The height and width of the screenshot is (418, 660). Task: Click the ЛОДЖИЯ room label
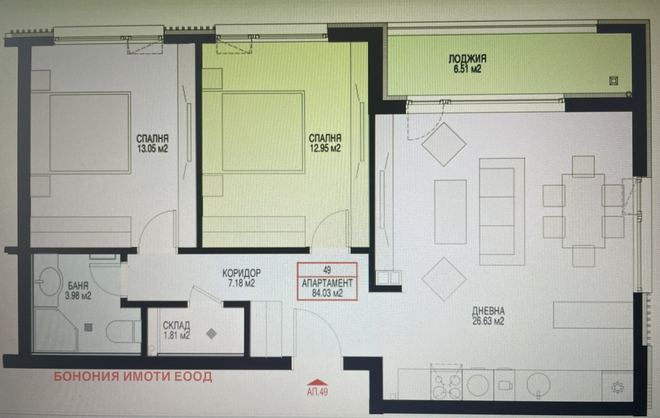click(x=467, y=59)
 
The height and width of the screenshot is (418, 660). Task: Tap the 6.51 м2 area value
click(x=467, y=69)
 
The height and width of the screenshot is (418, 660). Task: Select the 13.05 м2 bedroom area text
click(x=152, y=148)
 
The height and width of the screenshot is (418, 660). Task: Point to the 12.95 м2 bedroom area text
click(x=325, y=148)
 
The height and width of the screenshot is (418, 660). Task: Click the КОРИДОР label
click(x=241, y=273)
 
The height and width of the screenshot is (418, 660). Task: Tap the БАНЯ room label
click(x=78, y=286)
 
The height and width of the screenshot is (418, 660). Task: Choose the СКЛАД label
click(x=177, y=326)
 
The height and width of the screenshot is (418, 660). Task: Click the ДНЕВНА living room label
click(x=488, y=311)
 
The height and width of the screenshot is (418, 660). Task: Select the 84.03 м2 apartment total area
click(x=327, y=293)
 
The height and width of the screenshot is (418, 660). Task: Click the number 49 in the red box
click(x=327, y=270)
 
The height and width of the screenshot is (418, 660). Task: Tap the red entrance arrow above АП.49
click(x=317, y=382)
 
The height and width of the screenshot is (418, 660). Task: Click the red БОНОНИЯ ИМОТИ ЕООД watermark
click(x=133, y=376)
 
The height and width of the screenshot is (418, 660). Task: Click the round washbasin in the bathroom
click(x=50, y=281)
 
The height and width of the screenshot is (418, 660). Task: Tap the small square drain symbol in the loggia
click(x=614, y=81)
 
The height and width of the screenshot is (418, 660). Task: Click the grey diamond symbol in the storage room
click(x=211, y=334)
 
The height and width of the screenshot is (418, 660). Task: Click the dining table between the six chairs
click(x=583, y=211)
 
